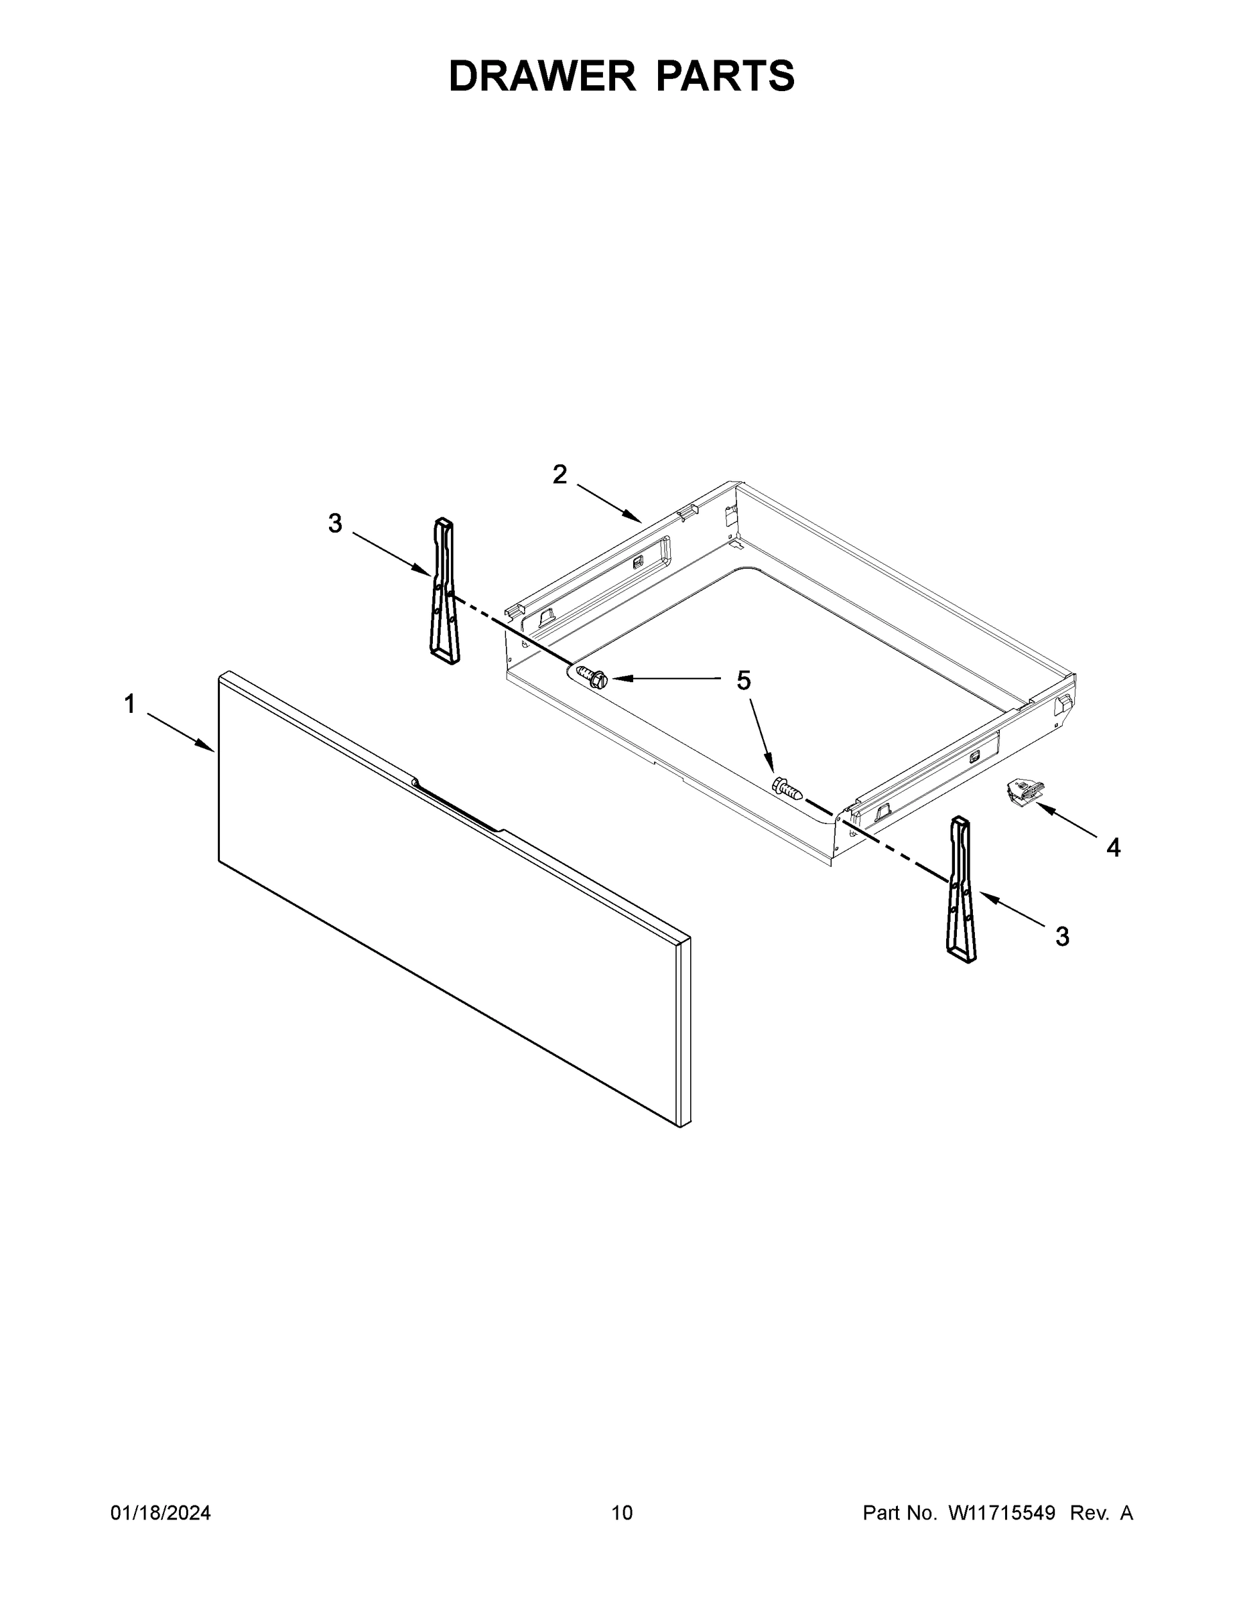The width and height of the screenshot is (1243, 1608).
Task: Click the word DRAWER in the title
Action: pyautogui.click(x=542, y=76)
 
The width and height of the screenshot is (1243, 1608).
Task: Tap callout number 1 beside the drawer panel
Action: pyautogui.click(x=129, y=705)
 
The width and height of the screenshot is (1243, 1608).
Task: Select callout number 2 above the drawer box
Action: pyautogui.click(x=560, y=475)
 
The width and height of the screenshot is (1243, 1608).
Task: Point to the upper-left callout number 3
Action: pyautogui.click(x=335, y=523)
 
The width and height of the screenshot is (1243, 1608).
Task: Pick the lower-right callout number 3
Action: pyautogui.click(x=1062, y=937)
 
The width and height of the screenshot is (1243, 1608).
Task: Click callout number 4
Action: pyautogui.click(x=1114, y=848)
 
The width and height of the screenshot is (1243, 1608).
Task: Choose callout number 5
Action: pyautogui.click(x=744, y=681)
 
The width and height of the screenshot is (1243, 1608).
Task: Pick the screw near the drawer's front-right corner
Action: pyautogui.click(x=786, y=788)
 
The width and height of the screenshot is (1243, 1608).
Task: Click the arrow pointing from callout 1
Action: pyautogui.click(x=180, y=732)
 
